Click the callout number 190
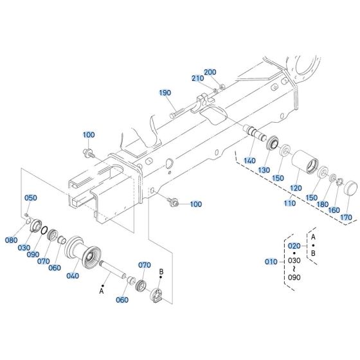click(x=166, y=93)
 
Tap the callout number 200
click(x=210, y=72)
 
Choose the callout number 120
click(x=295, y=188)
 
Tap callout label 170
click(x=346, y=218)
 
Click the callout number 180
click(x=321, y=204)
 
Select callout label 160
click(x=334, y=210)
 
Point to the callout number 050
click(x=31, y=198)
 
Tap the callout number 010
click(x=272, y=262)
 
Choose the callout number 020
click(x=293, y=246)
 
